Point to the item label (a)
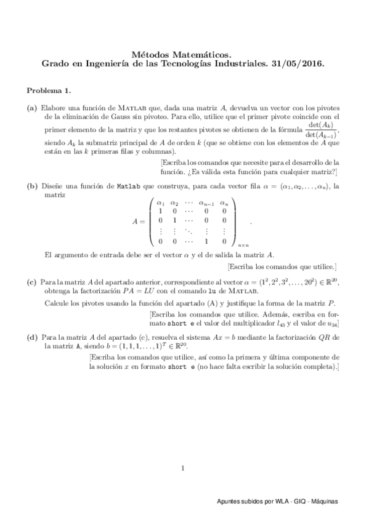pos(32,107)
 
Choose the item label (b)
pos(32,185)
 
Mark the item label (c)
pos(32,282)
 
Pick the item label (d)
pos(32,338)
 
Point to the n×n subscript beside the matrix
pos(242,244)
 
